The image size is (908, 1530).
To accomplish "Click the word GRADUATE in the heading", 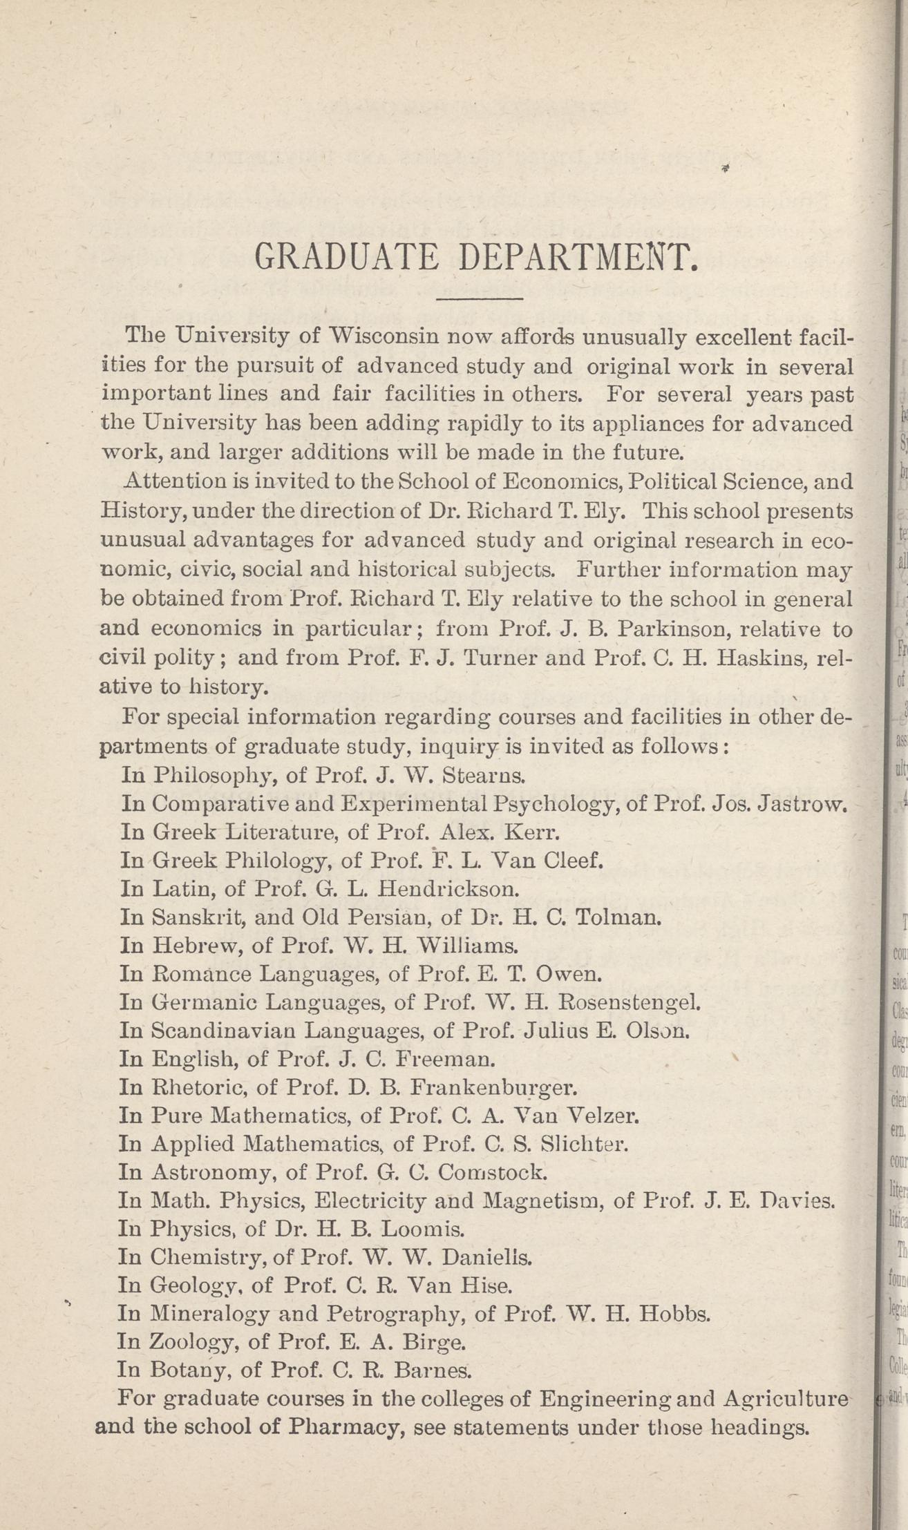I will click(x=347, y=258).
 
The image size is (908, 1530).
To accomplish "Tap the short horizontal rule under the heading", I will click(x=480, y=298).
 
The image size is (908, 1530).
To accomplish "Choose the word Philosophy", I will click(x=215, y=774).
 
